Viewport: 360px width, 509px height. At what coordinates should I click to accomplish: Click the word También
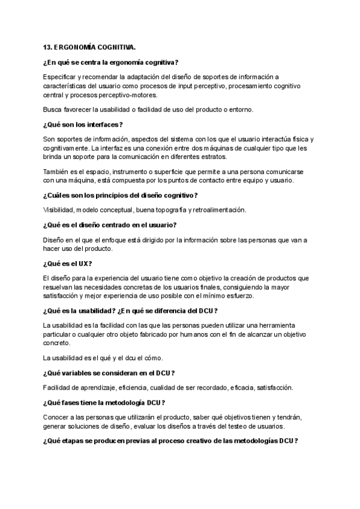point(56,172)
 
